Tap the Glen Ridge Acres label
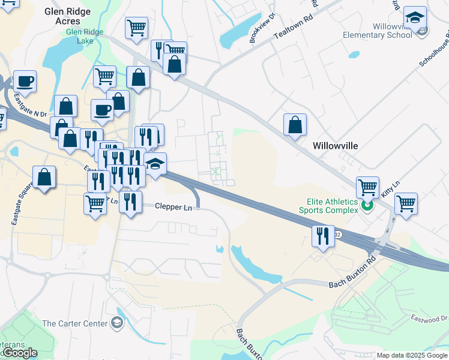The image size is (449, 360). [71, 16]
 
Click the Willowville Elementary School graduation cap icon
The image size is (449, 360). [415, 18]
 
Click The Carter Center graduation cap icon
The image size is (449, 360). [118, 324]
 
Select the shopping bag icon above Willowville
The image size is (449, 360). [295, 125]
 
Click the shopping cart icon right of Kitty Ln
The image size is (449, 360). [406, 203]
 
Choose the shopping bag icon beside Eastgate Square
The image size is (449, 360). [44, 177]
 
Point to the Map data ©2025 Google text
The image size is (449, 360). [411, 355]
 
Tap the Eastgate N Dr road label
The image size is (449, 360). [31, 104]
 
